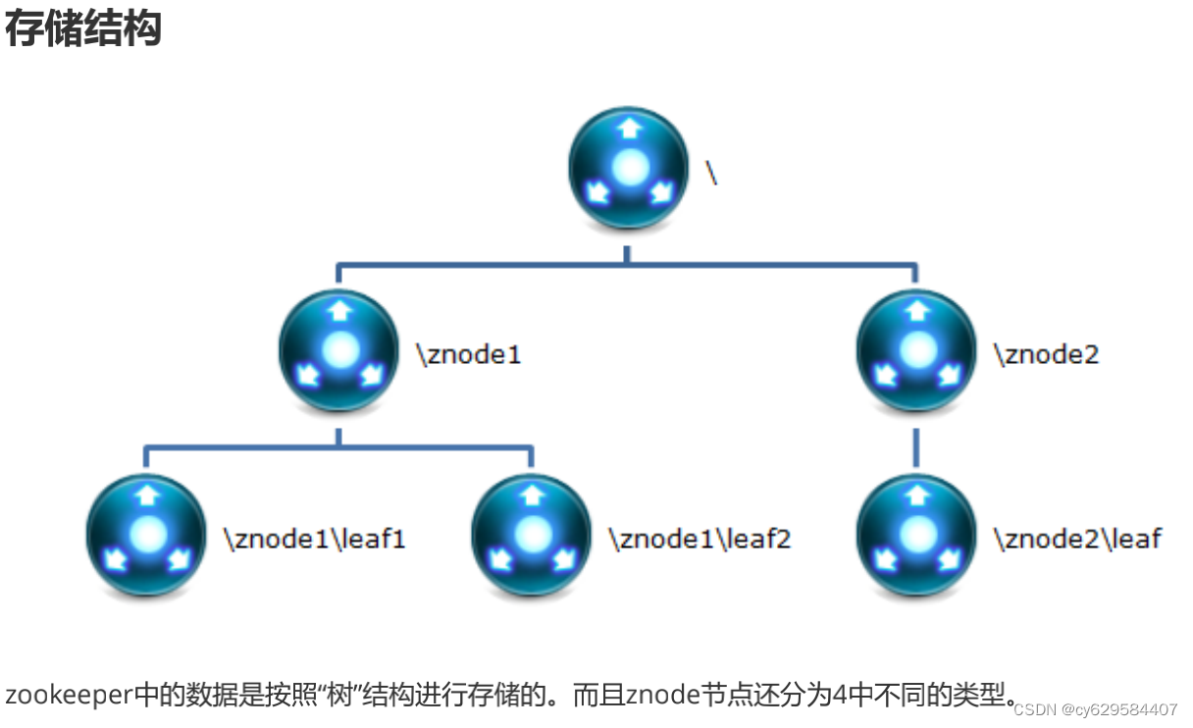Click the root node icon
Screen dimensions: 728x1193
pos(628,168)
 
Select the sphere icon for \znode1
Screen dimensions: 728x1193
pos(339,350)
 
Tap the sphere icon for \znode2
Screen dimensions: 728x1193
pos(916,350)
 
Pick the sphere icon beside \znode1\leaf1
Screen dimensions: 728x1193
pos(147,535)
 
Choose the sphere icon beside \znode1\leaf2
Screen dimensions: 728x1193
pos(532,535)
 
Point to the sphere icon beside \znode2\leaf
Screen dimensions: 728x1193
pos(916,535)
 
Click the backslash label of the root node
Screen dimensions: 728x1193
pos(712,172)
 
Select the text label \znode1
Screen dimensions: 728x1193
pos(469,353)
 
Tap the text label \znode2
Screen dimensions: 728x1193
pos(1046,353)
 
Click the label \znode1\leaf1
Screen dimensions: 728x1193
pos(314,538)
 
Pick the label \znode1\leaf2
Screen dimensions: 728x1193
pos(699,538)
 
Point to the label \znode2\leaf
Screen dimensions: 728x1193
pos(1077,538)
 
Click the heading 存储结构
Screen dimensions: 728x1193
pos(82,29)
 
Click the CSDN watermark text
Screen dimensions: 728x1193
pos(1095,709)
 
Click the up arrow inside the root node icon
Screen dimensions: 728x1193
pos(628,129)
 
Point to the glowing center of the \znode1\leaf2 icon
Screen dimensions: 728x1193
pos(533,533)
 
